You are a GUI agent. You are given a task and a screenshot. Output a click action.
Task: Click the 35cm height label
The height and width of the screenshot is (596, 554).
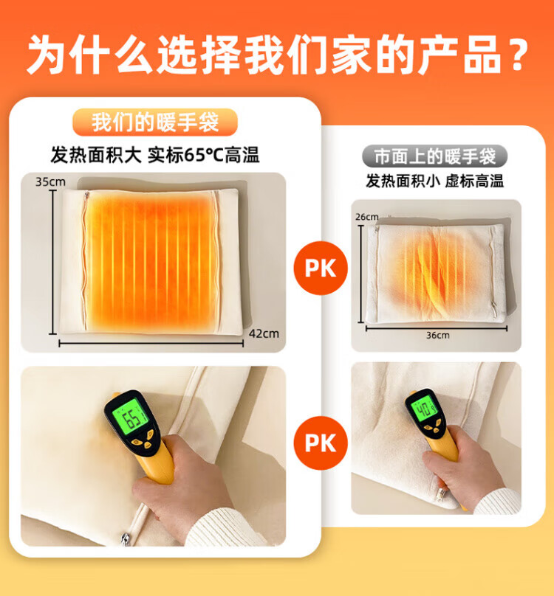50,181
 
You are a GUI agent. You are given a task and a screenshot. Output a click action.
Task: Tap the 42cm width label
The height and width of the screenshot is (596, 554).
264,333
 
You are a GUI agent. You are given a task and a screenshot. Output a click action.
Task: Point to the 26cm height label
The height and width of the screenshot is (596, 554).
366,217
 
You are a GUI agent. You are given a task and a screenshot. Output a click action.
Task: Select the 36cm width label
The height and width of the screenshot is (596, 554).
437,335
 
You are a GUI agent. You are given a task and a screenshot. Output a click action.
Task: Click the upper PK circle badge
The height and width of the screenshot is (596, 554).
321,268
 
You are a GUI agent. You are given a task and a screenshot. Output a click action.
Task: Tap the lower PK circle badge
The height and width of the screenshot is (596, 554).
321,443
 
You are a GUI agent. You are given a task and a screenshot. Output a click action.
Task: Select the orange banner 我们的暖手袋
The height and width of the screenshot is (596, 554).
155,122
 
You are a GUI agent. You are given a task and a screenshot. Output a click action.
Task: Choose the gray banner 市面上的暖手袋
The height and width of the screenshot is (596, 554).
435,156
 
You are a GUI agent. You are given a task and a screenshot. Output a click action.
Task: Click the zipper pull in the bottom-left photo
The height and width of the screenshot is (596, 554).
126,539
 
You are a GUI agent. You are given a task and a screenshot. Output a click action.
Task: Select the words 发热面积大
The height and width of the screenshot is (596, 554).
96,156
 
